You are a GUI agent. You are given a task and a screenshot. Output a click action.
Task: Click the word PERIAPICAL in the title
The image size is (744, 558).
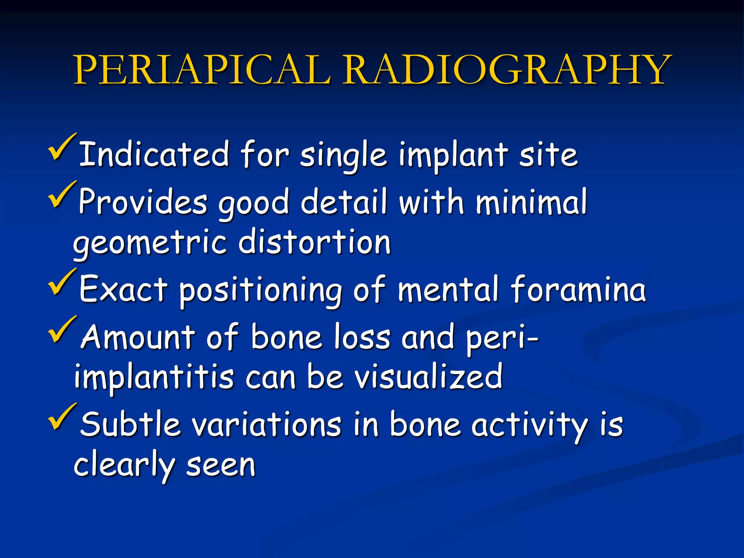tap(202, 70)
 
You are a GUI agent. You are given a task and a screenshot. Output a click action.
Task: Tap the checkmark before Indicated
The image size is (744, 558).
tap(62, 148)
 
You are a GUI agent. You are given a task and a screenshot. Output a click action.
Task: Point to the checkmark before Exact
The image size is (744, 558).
tap(62, 282)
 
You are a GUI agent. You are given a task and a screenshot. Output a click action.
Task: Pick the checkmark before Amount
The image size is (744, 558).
tap(62, 330)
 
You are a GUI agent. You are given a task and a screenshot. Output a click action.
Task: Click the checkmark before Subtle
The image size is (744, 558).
tap(62, 417)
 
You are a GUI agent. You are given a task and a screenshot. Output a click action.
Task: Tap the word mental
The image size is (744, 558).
tap(448, 289)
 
